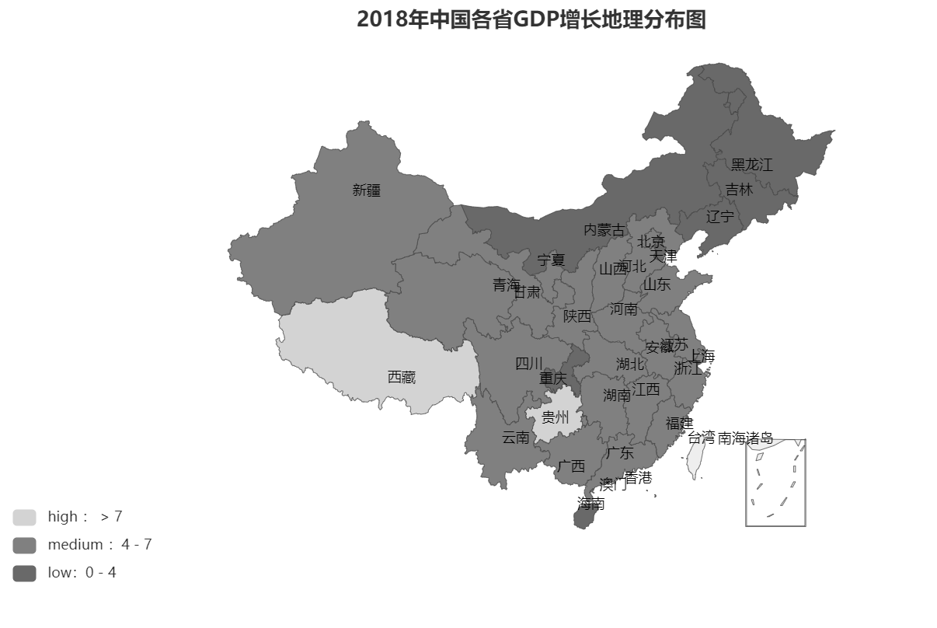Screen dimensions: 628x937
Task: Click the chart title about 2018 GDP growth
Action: [531, 19]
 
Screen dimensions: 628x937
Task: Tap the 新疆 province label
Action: [367, 190]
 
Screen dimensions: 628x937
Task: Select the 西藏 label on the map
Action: [402, 377]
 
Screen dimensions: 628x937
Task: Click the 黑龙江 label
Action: [751, 165]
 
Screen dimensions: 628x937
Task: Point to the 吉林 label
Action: [739, 190]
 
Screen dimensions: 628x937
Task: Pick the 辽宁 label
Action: [719, 216]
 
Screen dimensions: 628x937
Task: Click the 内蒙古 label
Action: [604, 230]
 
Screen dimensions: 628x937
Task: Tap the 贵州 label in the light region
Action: [556, 417]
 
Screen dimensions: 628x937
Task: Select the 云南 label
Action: [515, 438]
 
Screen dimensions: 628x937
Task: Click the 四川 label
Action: [529, 363]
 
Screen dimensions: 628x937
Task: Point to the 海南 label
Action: [591, 504]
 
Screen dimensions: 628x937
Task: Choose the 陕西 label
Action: [577, 316]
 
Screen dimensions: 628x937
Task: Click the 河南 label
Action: [623, 309]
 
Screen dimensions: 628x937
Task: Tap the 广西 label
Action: [571, 466]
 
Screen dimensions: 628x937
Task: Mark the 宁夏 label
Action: [551, 260]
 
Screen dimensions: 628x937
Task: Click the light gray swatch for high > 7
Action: [24, 517]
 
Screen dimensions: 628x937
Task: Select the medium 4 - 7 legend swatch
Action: [24, 545]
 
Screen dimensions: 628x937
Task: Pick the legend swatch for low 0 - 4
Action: [24, 573]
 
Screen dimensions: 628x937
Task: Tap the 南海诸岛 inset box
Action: [775, 483]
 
